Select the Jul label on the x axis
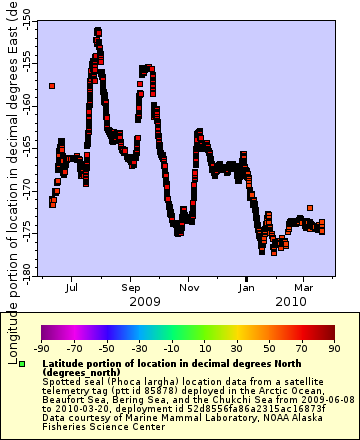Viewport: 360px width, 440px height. [72, 286]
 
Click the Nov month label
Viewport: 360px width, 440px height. [188, 286]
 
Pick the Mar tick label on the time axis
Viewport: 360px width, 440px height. [304, 286]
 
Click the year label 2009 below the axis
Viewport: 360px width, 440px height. [144, 300]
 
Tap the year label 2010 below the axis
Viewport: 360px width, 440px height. [290, 300]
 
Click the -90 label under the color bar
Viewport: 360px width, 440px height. [41, 348]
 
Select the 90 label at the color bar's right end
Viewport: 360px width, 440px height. [333, 348]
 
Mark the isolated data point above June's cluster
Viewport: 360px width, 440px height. [51, 86]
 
